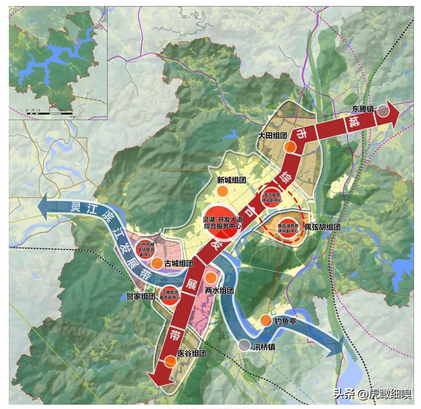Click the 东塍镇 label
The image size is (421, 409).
point(363,109)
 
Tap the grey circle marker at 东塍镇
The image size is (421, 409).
point(382,111)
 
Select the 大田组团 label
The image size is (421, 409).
point(272,135)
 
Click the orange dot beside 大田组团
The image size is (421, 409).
point(290,147)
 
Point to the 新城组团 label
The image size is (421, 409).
point(231,180)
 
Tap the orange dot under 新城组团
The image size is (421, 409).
point(222,191)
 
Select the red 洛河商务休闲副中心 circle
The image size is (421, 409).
point(272,197)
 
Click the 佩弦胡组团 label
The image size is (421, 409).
point(323,227)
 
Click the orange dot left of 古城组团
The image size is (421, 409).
point(157,263)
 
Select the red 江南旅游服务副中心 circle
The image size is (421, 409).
point(170,295)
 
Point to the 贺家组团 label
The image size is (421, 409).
point(141,296)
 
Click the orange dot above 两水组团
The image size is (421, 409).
point(211,278)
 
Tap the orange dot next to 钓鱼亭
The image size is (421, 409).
point(266,320)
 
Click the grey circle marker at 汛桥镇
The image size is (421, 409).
point(244,345)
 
